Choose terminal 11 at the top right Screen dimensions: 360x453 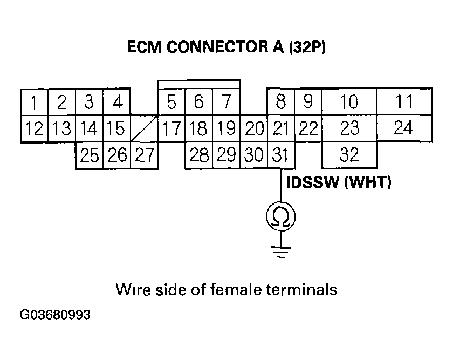pos(403,101)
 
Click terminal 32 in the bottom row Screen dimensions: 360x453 pos(349,155)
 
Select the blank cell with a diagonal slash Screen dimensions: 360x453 pos(144,128)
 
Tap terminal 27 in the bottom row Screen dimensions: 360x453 pos(144,155)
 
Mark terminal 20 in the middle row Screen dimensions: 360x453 pos(253,128)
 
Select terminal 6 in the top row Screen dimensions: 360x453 pos(198,101)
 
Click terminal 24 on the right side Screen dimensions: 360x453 pos(403,128)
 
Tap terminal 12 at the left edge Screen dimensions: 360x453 pos(34,128)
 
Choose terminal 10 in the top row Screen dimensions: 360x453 pos(349,101)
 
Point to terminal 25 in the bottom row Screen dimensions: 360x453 pos(89,155)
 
